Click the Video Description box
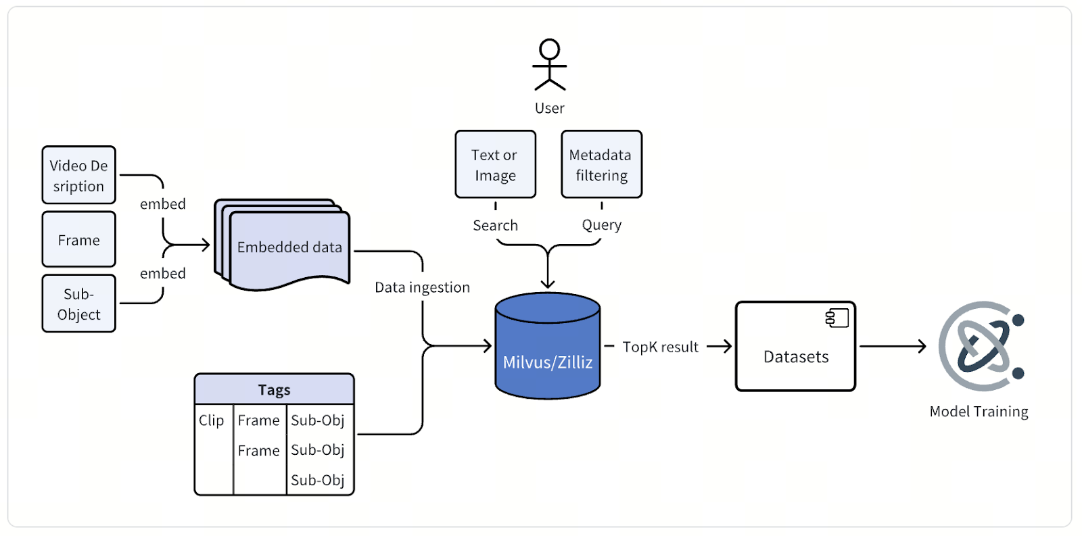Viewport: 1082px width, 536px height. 78,175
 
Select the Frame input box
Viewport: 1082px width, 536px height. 78,239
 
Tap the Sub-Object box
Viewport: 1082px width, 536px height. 78,303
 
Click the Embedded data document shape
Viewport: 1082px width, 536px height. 289,247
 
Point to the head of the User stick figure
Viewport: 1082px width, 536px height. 549,49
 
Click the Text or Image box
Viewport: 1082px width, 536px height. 495,164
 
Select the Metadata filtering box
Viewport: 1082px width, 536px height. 601,164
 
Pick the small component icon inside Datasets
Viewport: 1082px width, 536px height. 837,318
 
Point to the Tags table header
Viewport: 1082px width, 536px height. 274,390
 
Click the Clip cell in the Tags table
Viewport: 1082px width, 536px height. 212,420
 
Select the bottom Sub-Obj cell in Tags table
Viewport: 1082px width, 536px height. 318,480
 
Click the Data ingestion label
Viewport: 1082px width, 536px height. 422,287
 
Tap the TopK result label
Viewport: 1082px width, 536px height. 660,347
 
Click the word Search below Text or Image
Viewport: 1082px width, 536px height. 495,225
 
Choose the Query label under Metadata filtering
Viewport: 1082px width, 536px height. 601,225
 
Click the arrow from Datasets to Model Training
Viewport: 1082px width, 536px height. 893,346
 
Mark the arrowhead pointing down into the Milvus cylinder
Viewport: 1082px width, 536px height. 548,285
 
